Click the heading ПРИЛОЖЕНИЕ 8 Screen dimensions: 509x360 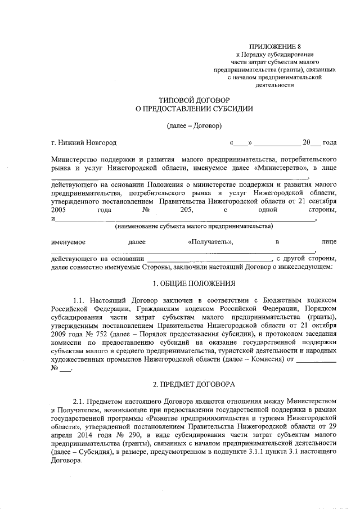(275, 46)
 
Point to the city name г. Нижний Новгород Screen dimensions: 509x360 (83, 143)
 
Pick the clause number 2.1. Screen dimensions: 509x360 (80, 402)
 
